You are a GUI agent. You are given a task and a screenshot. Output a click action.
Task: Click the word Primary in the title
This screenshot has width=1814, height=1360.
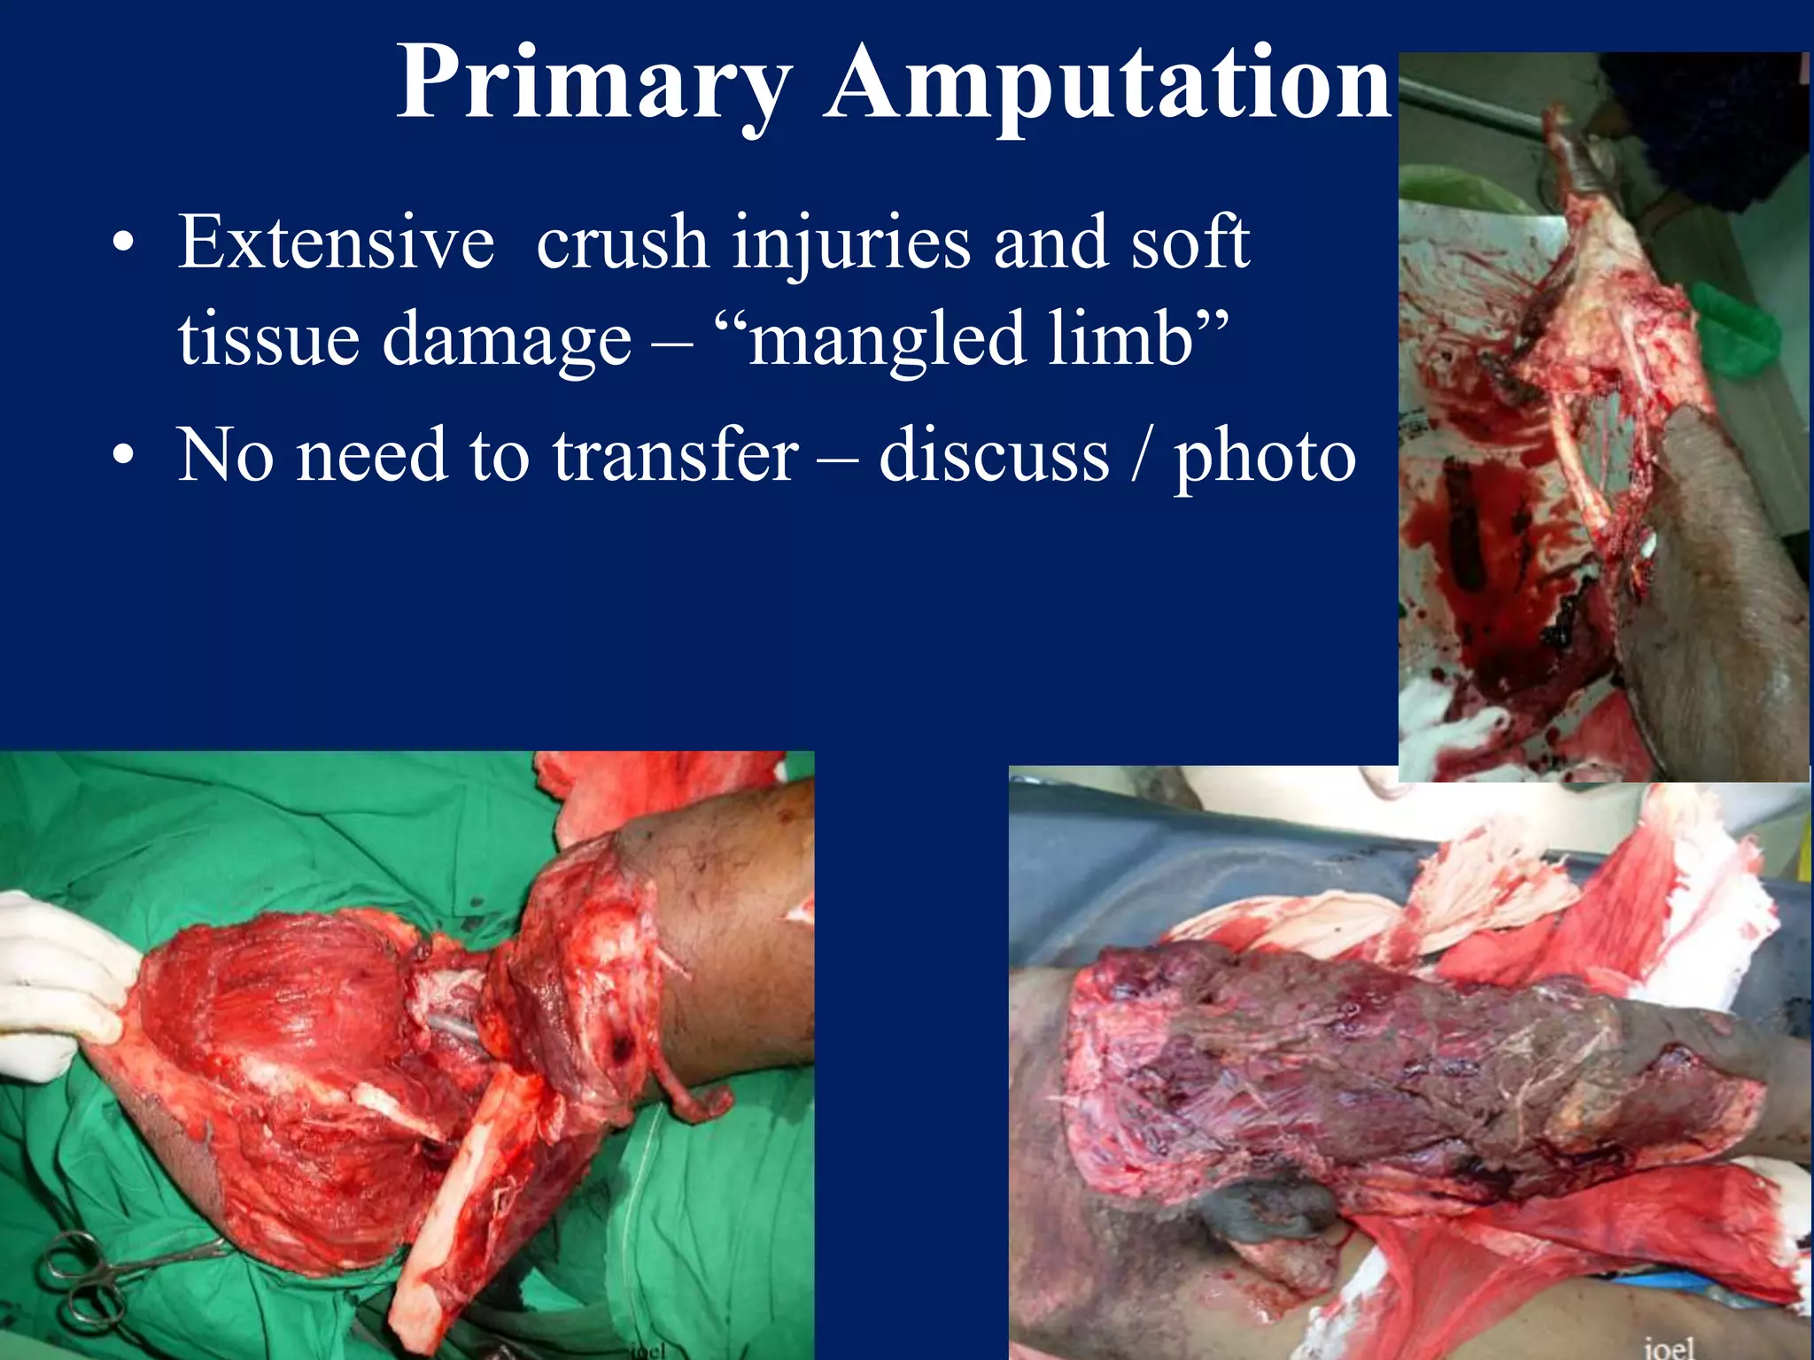click(593, 84)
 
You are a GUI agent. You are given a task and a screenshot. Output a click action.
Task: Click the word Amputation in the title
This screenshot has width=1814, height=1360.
click(1107, 84)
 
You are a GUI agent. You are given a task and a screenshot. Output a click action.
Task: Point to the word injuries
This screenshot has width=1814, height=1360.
click(851, 244)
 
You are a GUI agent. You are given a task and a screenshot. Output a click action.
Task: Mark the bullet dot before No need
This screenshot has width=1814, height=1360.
click(124, 457)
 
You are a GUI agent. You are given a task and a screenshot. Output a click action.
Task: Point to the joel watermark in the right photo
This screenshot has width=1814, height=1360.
click(1670, 1347)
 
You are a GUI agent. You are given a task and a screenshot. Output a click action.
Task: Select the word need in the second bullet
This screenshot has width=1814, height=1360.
click(372, 455)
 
